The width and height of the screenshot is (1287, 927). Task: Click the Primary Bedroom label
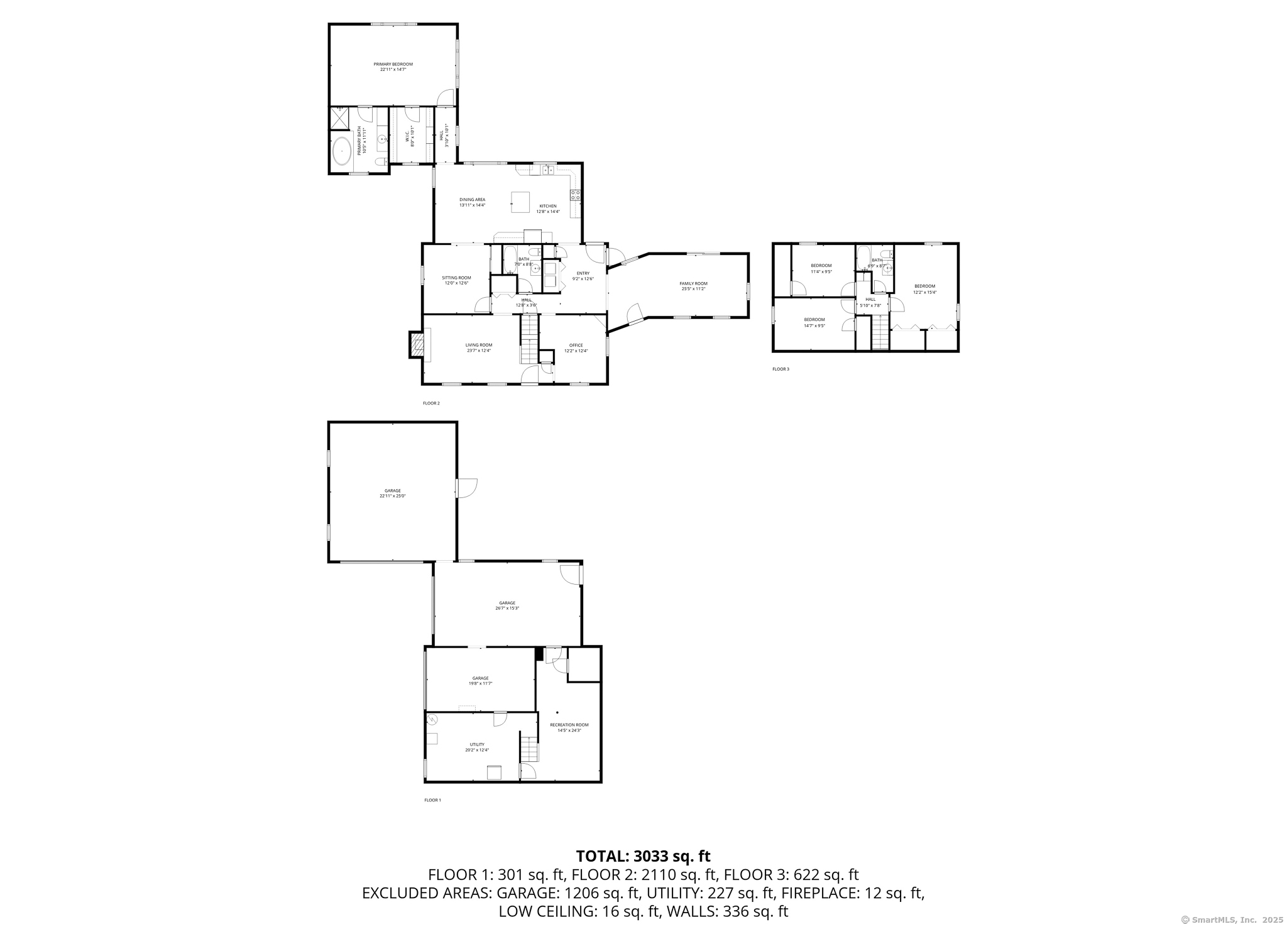393,67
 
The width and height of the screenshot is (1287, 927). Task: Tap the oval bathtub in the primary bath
342,151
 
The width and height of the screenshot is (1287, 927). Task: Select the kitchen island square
520,202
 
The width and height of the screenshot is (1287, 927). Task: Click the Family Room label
693,286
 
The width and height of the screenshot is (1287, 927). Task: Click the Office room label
576,348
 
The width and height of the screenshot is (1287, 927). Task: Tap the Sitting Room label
456,280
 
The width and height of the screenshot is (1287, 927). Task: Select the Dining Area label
472,202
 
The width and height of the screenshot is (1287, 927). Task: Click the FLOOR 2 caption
431,403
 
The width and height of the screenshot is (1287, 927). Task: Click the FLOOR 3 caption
780,369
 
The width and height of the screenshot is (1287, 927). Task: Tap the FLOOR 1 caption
432,800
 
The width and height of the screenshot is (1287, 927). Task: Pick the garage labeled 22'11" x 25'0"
392,493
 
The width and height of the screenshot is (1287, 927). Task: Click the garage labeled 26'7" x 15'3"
507,605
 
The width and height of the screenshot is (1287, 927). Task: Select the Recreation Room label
569,727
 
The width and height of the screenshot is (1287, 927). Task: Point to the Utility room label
477,747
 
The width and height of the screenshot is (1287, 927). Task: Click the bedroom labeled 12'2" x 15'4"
924,289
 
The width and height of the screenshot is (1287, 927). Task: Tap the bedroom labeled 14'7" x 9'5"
814,322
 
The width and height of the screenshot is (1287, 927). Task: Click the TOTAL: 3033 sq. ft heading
643,856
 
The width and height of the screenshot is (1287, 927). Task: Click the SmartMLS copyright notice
1232,919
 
